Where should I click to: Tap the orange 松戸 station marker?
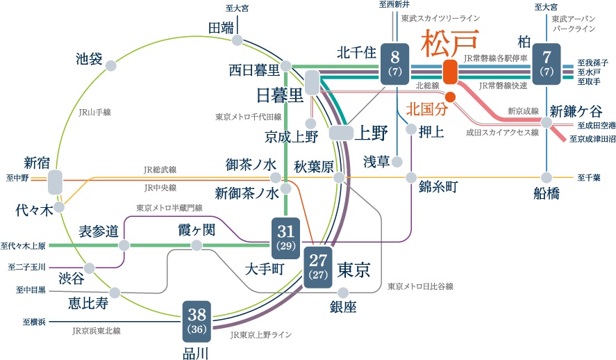tap(450, 72)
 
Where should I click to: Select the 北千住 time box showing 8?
tap(394, 63)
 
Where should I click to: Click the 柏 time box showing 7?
tap(547, 63)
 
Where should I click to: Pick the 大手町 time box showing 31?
tap(285, 236)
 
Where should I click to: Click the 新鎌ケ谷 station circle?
tap(547, 122)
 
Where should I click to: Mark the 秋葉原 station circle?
tap(338, 178)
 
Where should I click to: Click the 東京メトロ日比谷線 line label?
tap(420, 286)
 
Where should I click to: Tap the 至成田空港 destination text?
tap(596, 126)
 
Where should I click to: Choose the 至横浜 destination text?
tap(34, 322)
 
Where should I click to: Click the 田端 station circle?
tap(238, 41)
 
